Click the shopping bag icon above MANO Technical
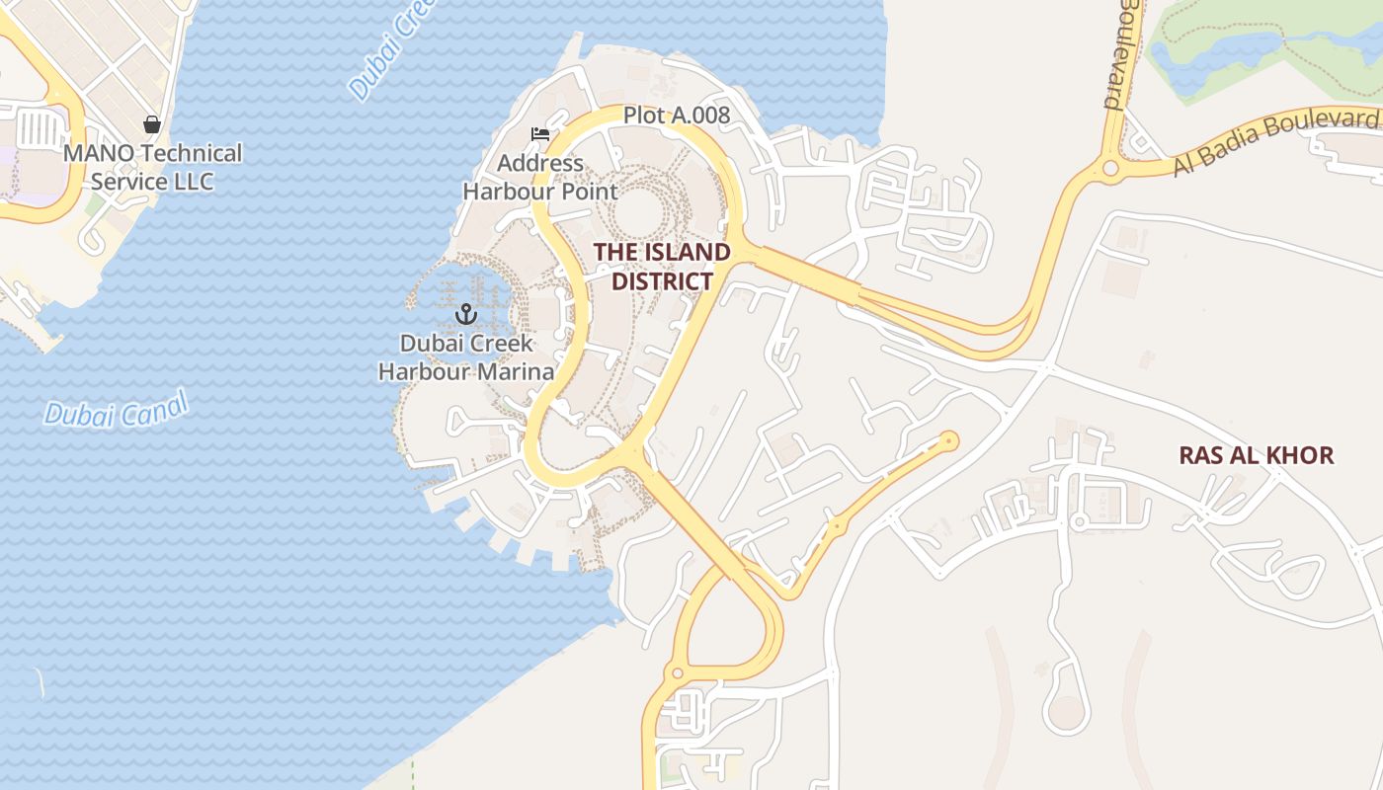pyautogui.click(x=152, y=124)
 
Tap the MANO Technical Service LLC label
pyautogui.click(x=152, y=168)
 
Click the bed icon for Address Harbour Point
pyautogui.click(x=539, y=134)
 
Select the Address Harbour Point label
pyautogui.click(x=540, y=177)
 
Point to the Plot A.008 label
pyautogui.click(x=677, y=116)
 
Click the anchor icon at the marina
pyautogui.click(x=466, y=315)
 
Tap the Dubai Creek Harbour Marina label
pyautogui.click(x=466, y=357)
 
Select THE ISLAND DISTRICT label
pyautogui.click(x=662, y=267)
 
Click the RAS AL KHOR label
pyautogui.click(x=1257, y=455)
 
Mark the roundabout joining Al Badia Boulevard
pyautogui.click(x=1110, y=169)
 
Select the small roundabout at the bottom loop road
pyautogui.click(x=677, y=674)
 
